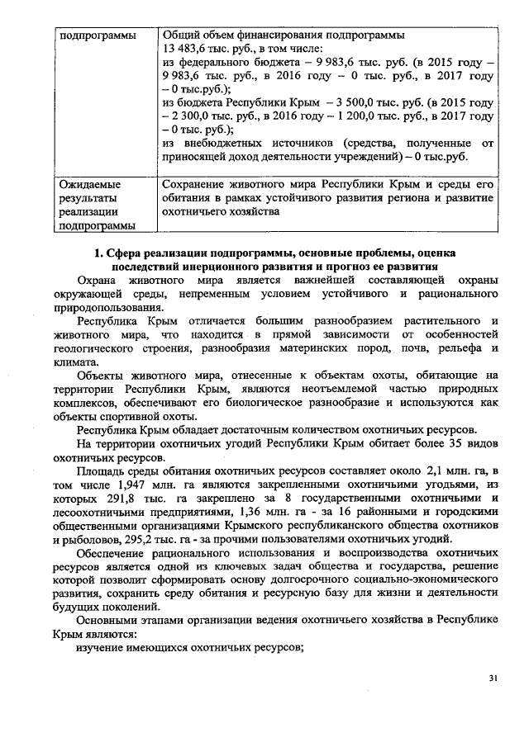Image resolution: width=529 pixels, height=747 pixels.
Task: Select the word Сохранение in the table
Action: [196, 184]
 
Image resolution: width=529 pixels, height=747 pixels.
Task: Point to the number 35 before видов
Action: [446, 445]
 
